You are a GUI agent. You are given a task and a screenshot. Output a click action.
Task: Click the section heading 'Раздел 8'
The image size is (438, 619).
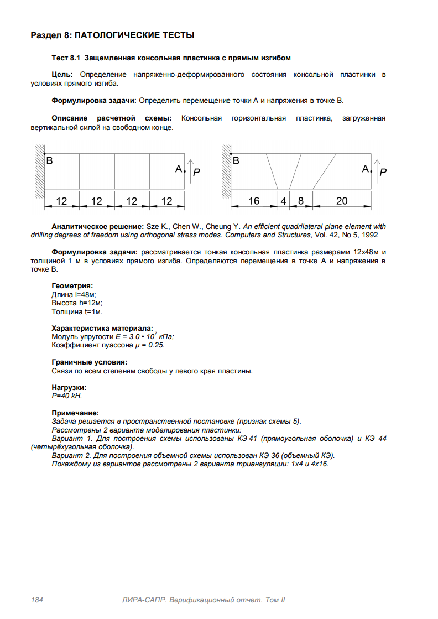[112, 35]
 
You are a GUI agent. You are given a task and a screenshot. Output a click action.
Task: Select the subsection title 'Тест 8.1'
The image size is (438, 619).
[171, 58]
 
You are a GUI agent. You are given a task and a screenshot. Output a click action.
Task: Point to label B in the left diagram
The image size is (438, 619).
[50, 161]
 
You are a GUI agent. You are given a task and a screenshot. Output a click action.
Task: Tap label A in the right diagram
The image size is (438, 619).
[366, 169]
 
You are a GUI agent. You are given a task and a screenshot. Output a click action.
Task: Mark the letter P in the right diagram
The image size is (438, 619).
[383, 172]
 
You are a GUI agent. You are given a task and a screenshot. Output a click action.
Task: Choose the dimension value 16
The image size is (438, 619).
[253, 201]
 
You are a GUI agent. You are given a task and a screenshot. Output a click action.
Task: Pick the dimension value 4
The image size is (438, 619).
[283, 201]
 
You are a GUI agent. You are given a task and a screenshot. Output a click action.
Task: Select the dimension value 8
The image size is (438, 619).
[301, 201]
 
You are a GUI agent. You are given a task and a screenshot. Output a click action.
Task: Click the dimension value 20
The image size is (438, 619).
[342, 201]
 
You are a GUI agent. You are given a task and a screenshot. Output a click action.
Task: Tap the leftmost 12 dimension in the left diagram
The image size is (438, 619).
[61, 201]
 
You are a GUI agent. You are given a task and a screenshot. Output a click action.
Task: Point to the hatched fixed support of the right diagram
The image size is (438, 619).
[226, 171]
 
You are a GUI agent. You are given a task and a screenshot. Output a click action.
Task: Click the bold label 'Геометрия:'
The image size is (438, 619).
[72, 286]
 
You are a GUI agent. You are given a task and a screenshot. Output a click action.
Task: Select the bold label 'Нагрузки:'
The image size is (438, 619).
[69, 388]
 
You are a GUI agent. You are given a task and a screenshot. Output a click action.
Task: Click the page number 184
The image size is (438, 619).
[37, 600]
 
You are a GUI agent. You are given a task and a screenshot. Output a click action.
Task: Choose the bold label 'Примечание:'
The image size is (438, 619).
[75, 413]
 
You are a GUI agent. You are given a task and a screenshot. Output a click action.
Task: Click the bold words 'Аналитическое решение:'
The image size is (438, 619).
[97, 226]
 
